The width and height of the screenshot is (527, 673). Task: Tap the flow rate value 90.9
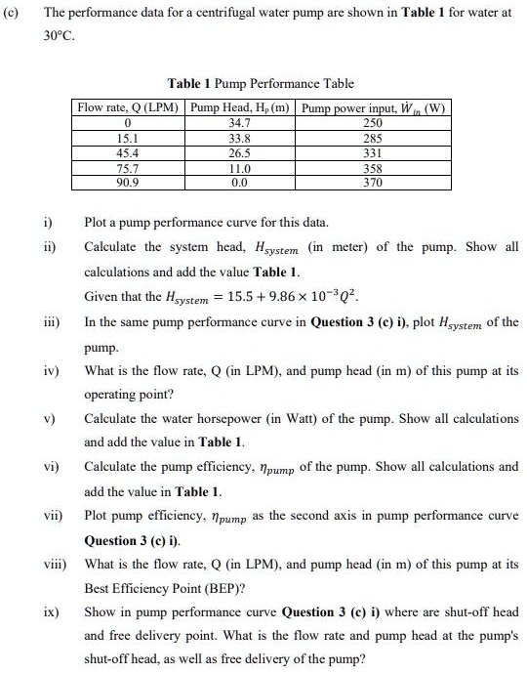[128, 182]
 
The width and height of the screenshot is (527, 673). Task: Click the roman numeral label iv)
[51, 371]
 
